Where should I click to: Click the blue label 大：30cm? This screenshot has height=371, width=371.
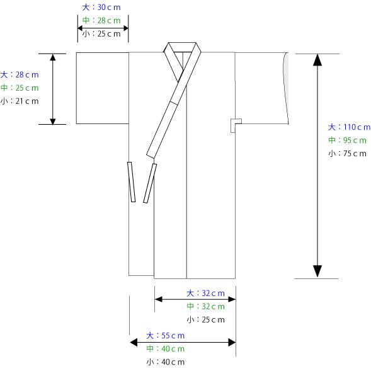(x=101, y=8)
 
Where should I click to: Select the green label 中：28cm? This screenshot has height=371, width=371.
(x=101, y=20)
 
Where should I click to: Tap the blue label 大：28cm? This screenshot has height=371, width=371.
(x=20, y=75)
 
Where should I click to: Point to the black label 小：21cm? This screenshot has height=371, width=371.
(x=20, y=101)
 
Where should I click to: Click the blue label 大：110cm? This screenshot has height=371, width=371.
(x=349, y=127)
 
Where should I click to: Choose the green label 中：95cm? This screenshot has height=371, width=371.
(x=347, y=140)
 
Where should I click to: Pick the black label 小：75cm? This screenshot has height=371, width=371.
(x=347, y=154)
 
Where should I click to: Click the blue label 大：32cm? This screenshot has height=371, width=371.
(x=205, y=294)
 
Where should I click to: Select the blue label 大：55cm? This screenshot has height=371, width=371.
(x=165, y=336)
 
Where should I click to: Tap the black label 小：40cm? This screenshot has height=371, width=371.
(x=165, y=362)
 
